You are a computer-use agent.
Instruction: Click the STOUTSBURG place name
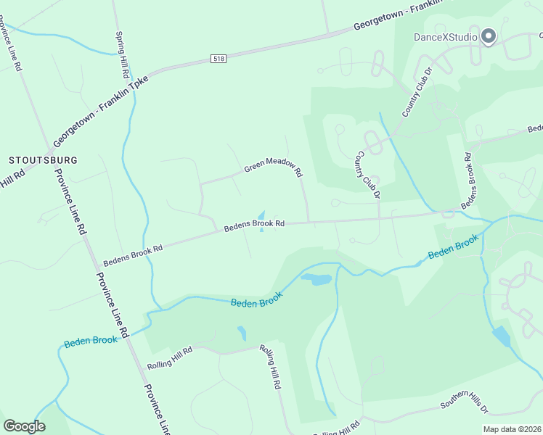click(x=43, y=159)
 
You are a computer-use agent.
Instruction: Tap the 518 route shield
click(x=219, y=57)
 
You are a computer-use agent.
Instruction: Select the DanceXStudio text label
click(x=446, y=37)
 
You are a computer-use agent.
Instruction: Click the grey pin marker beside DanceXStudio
click(x=489, y=36)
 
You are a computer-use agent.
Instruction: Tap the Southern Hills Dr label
click(x=465, y=404)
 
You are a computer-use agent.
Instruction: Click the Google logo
click(x=24, y=426)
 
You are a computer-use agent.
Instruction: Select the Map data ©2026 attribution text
click(x=513, y=429)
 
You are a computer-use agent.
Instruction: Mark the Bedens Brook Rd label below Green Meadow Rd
click(x=253, y=225)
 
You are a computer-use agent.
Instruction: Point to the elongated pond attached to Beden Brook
click(x=316, y=279)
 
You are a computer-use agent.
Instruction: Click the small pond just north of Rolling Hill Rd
click(x=242, y=333)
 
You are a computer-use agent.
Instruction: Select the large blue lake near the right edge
click(x=501, y=336)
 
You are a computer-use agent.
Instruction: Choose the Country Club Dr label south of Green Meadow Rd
click(x=367, y=175)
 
